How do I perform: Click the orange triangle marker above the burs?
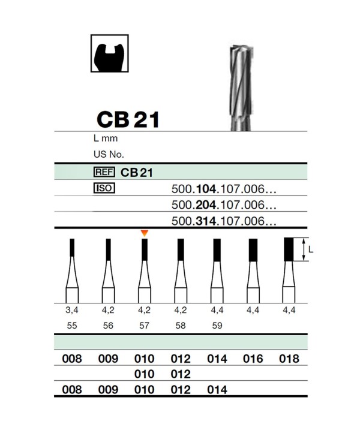(x=145, y=233)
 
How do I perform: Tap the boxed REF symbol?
(x=104, y=172)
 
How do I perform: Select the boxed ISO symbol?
(x=104, y=188)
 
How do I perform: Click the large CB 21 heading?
(x=128, y=119)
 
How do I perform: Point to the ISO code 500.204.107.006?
(x=224, y=205)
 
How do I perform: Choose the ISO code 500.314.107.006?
(x=224, y=221)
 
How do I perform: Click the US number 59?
(x=217, y=325)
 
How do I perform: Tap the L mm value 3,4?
(x=72, y=310)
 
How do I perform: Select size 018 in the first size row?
(x=289, y=359)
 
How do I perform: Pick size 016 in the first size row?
(x=253, y=359)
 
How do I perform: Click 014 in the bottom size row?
(x=217, y=390)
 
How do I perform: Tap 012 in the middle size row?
(x=181, y=374)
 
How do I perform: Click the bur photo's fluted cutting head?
(x=241, y=81)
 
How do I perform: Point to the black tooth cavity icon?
(x=110, y=53)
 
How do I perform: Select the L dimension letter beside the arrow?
(x=311, y=249)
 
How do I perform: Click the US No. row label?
(x=109, y=154)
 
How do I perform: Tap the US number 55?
(x=72, y=325)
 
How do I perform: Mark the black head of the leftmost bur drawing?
(x=72, y=248)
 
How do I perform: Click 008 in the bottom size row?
(x=72, y=390)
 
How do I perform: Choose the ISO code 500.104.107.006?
(x=224, y=189)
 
